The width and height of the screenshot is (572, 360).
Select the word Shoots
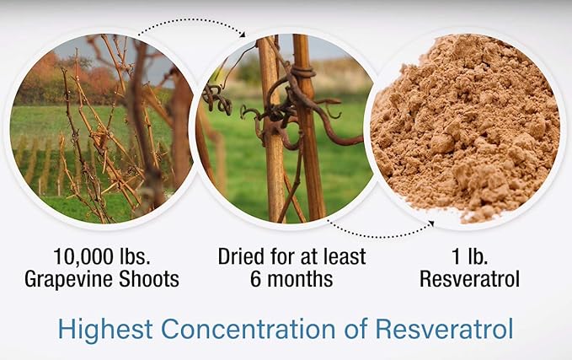coord(152,279)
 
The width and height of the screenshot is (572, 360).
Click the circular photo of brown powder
coord(467,126)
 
